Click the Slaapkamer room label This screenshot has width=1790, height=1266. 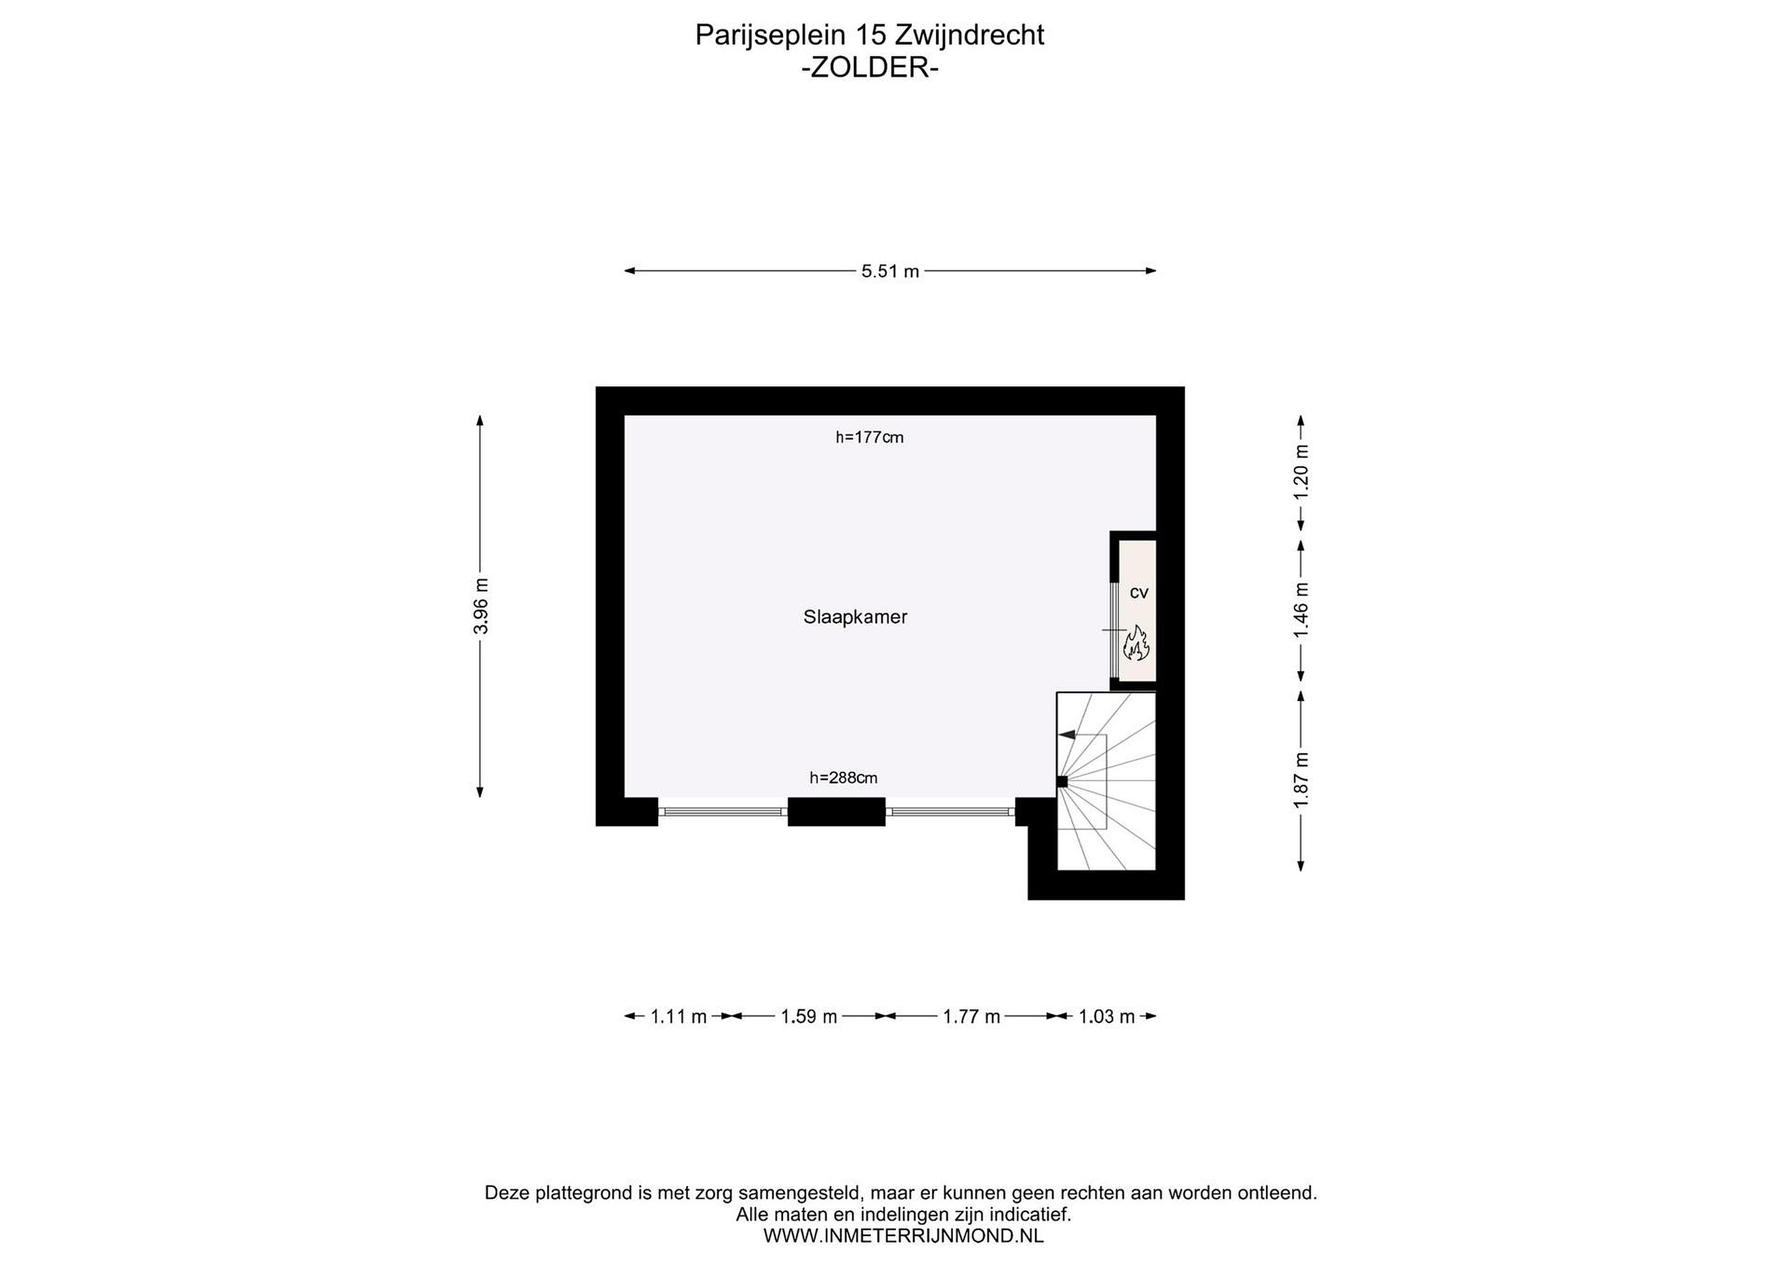[x=855, y=617]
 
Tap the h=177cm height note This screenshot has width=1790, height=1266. [x=870, y=438]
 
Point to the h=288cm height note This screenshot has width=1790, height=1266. [x=843, y=777]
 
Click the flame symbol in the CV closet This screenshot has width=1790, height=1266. [x=1137, y=643]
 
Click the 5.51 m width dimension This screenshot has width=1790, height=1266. [x=890, y=271]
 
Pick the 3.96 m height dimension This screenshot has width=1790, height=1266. [x=481, y=606]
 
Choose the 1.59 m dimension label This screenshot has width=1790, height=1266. [x=809, y=1017]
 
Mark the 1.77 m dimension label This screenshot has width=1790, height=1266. [x=971, y=1017]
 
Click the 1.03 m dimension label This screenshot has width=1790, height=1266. [x=1106, y=1017]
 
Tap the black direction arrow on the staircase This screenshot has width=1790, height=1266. [x=1066, y=735]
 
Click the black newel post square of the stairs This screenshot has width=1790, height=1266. [x=1062, y=781]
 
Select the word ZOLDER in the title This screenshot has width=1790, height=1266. [x=870, y=68]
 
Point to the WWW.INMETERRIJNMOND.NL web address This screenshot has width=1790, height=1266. [x=903, y=1236]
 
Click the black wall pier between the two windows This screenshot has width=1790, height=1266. [x=837, y=812]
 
